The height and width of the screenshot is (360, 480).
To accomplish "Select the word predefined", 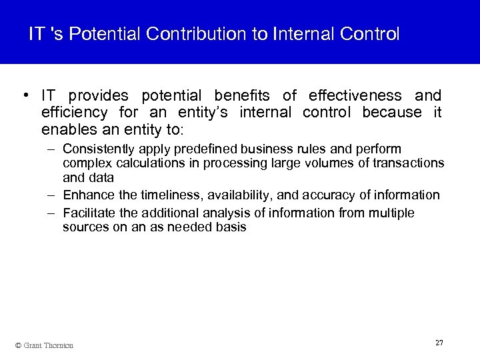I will pos(203,148).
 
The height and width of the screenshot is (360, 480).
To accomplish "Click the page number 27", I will pos(439,343).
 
